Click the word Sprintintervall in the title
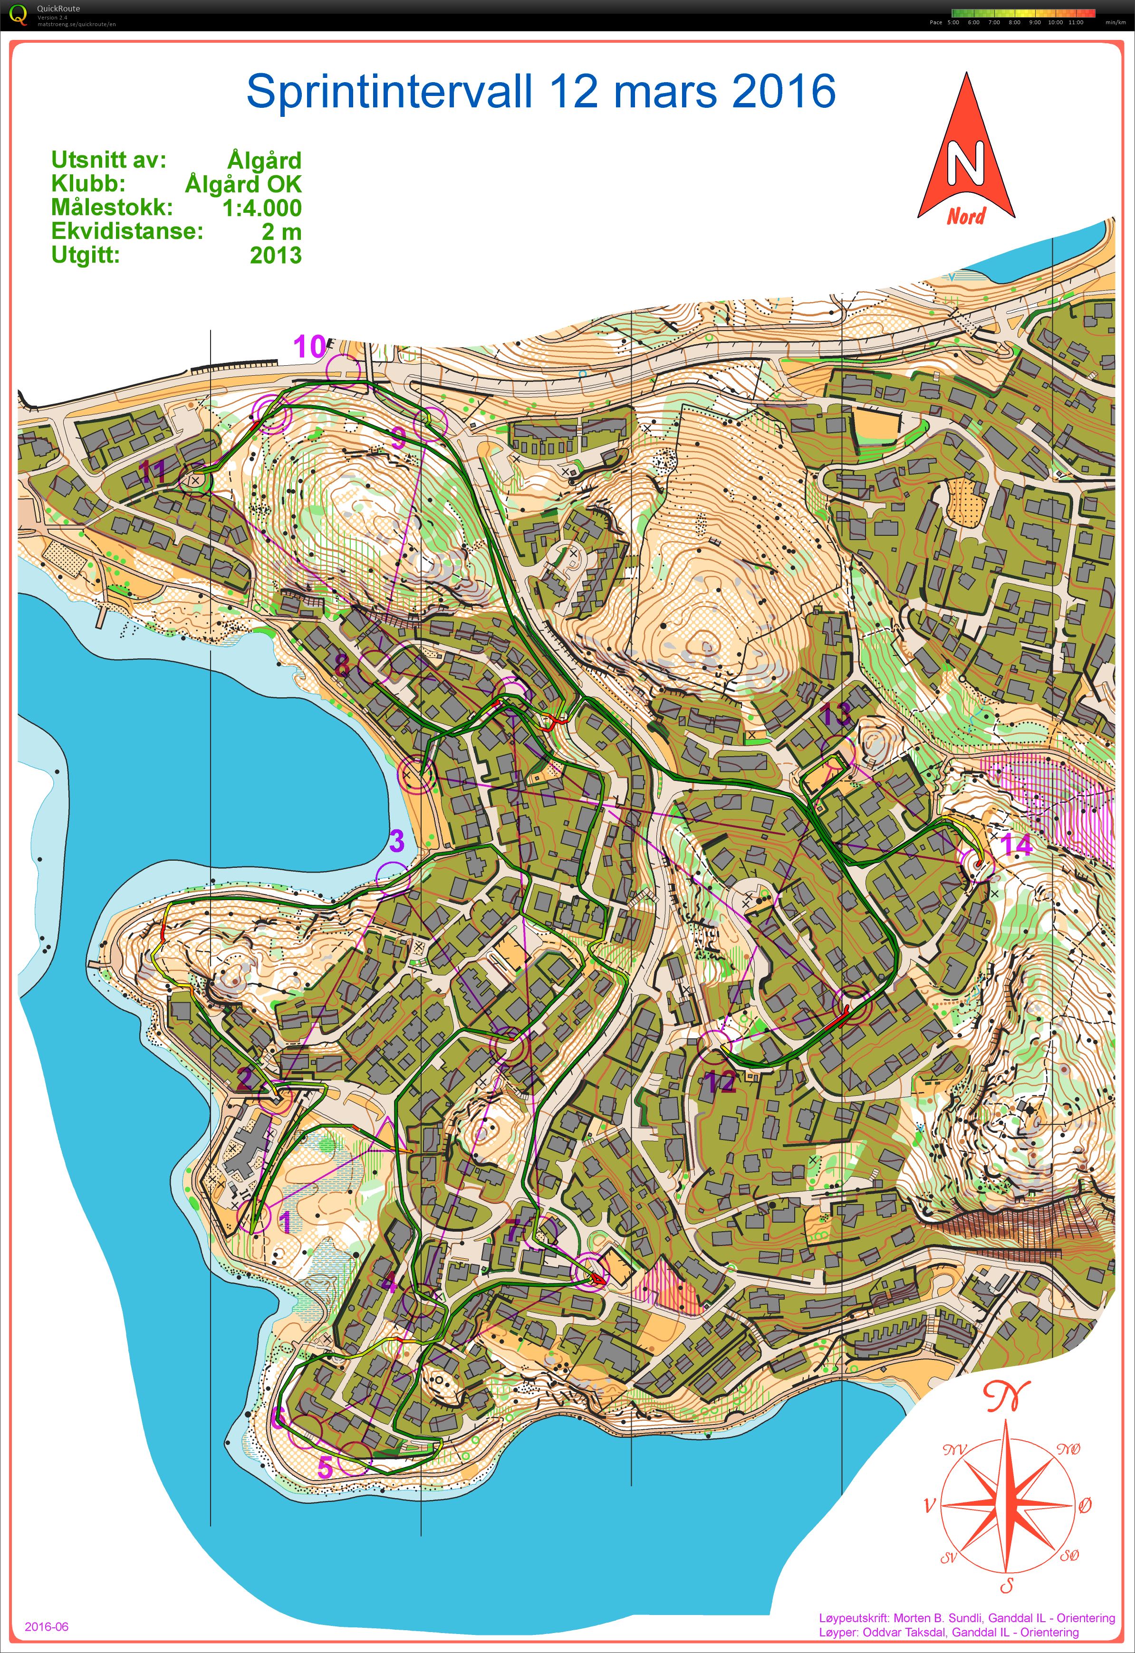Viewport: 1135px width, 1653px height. [389, 92]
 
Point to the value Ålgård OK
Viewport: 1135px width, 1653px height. [243, 184]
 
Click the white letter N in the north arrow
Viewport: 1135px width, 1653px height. [965, 163]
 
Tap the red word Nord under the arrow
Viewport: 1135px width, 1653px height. [966, 216]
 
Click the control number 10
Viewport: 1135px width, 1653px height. [310, 347]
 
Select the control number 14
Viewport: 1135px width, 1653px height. [1015, 845]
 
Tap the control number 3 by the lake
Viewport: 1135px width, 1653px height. [397, 841]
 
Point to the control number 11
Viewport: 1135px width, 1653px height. [152, 471]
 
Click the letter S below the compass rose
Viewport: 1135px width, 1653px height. [1006, 1581]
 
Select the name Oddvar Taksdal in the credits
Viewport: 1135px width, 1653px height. [904, 1633]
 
